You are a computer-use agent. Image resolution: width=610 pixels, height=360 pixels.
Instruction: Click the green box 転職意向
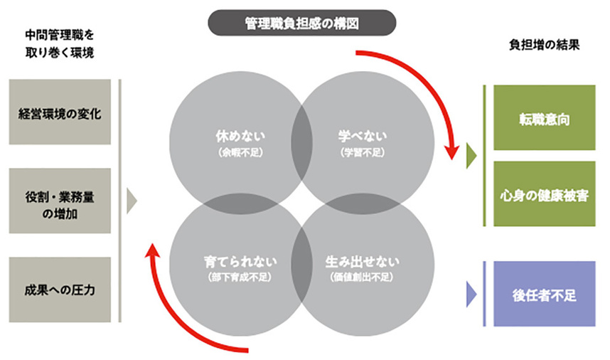[545, 118]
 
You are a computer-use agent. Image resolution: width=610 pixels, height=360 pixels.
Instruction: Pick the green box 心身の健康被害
[545, 194]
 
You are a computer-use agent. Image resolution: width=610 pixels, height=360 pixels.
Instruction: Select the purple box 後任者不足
[545, 293]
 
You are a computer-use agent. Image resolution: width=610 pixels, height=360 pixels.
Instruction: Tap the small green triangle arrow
[470, 156]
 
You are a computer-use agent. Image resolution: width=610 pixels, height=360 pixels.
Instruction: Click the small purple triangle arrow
[470, 292]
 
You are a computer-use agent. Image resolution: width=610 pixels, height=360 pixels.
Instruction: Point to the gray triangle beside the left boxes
[131, 201]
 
